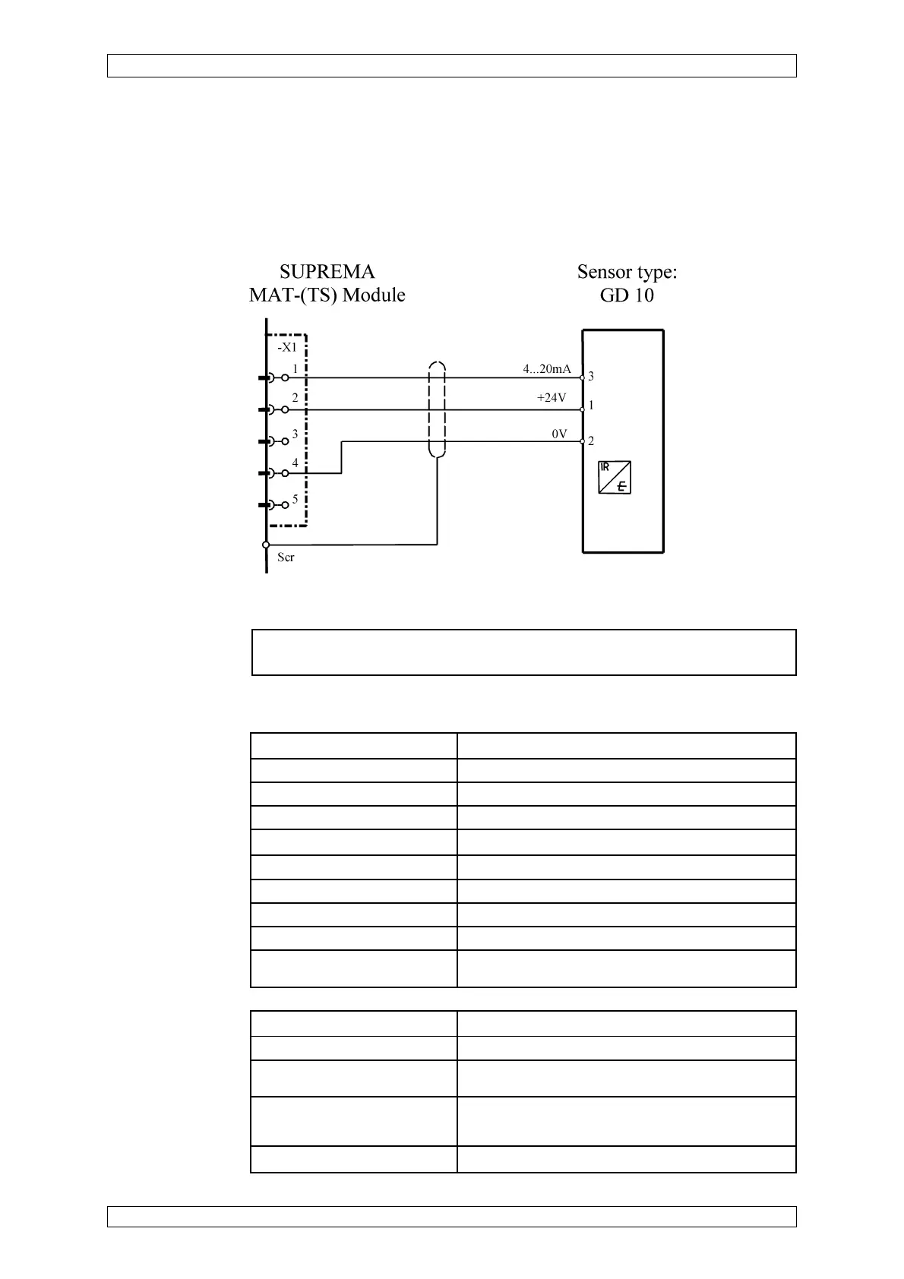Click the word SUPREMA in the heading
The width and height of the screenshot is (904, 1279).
coord(327,272)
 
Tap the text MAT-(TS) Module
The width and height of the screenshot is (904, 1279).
coord(327,295)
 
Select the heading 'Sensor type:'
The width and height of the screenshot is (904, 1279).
coord(627,272)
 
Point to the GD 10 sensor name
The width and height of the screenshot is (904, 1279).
coord(627,295)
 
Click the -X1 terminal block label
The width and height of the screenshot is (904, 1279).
coord(286,347)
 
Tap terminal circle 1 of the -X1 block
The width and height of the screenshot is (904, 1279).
coord(285,377)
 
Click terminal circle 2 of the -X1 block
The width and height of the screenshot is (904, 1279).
coord(285,410)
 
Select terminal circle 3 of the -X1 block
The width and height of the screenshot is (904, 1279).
coord(285,441)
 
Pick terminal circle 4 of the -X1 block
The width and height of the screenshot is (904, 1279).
coord(285,473)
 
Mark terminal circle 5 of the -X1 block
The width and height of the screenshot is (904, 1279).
coord(285,504)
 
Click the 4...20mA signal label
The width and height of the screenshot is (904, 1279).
coord(546,369)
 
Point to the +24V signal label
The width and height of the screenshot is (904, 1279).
coord(552,398)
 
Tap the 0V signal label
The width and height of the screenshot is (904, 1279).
coord(559,434)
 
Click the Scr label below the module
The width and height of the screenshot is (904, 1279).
coord(286,557)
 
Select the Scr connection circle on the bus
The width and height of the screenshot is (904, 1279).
coord(266,545)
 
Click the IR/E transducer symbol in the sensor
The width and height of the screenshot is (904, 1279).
coord(615,478)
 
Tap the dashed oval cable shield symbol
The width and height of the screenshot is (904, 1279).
coord(437,410)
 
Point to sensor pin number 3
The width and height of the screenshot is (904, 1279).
coord(591,377)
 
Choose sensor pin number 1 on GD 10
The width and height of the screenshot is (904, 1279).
coord(591,406)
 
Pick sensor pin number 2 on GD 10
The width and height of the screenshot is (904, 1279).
coord(591,441)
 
